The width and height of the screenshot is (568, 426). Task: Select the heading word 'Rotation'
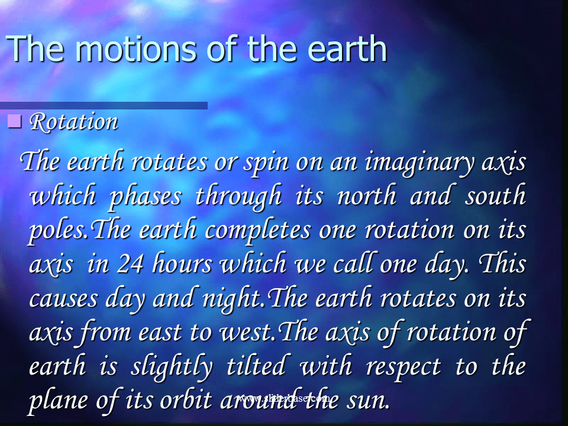pos(73,122)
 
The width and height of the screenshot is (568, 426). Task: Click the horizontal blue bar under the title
pos(104,105)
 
